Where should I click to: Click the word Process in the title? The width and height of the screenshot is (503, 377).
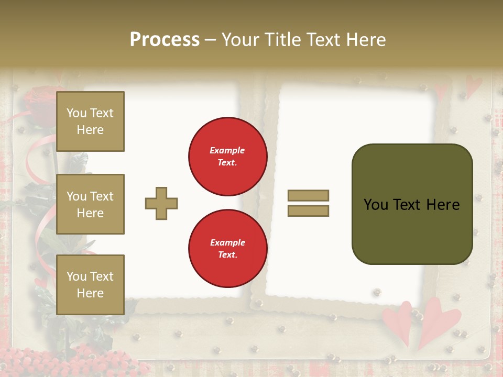(165, 40)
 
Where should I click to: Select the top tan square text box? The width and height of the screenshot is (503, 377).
(90, 121)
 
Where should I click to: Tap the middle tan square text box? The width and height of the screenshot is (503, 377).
(90, 204)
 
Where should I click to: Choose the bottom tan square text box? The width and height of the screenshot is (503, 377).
(90, 284)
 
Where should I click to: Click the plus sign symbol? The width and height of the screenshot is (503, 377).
(161, 203)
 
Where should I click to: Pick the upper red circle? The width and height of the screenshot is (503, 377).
(228, 157)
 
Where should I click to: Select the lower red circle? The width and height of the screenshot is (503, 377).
(228, 248)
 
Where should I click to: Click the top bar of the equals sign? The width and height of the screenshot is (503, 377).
(308, 195)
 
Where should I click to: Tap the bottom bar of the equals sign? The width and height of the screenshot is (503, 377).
(308, 210)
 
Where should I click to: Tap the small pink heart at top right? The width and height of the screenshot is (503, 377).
(474, 85)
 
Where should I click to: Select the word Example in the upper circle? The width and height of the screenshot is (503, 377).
(227, 150)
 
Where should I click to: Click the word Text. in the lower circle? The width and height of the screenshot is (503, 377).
(227, 255)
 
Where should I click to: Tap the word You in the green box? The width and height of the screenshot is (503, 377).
(376, 205)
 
